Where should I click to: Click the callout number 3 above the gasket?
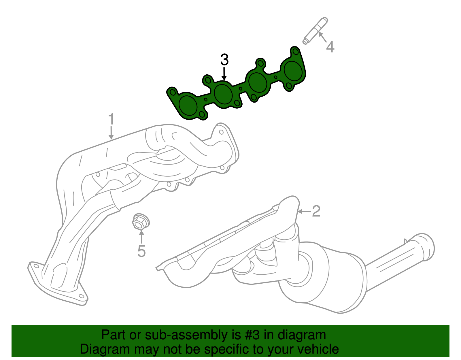point(224,60)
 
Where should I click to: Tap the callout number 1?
point(111,119)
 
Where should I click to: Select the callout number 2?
point(316,211)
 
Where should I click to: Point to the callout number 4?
point(330,47)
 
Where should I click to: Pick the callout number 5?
point(141,251)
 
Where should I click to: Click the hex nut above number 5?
point(140,222)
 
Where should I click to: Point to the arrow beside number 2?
point(304,212)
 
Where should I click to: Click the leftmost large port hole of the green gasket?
point(188,105)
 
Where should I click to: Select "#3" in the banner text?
point(252,335)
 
